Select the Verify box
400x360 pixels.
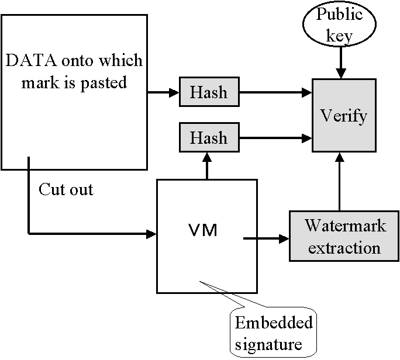344,116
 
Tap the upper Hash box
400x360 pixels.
209,92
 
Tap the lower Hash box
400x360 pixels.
209,138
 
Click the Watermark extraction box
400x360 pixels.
344,236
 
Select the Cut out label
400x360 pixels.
66,189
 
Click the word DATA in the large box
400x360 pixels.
29,60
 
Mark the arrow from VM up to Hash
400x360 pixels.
206,166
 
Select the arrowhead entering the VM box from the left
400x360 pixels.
153,234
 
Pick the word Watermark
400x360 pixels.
344,226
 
